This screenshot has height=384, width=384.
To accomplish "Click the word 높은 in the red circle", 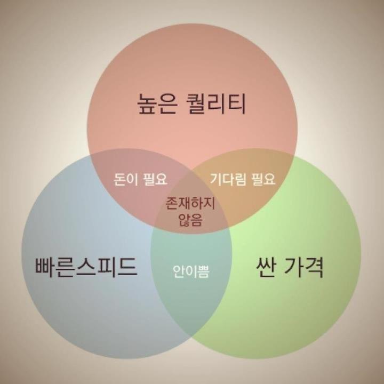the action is coord(156,104).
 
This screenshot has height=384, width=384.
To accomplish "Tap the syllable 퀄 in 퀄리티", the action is coord(200,104).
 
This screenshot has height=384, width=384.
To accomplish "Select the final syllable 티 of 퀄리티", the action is coord(237,104).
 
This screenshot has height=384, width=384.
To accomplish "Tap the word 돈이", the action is coord(127,179).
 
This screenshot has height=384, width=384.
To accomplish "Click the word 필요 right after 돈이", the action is coord(156,179).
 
